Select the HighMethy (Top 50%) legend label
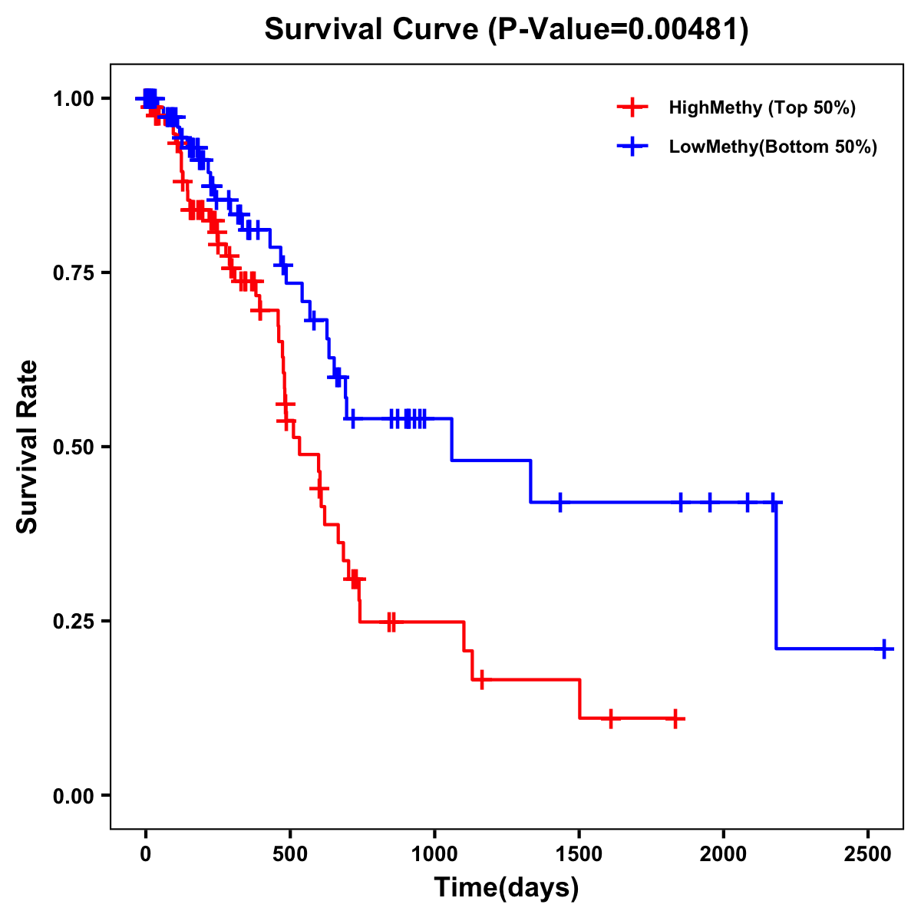pyautogui.click(x=761, y=107)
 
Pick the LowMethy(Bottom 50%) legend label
pyautogui.click(x=773, y=147)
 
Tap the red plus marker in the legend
pyautogui.click(x=632, y=107)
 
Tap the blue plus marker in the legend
pyautogui.click(x=632, y=147)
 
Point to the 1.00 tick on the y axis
pyautogui.click(x=72, y=99)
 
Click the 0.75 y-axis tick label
pyautogui.click(x=72, y=273)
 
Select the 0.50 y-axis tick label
pyautogui.click(x=72, y=447)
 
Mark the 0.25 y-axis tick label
pyautogui.click(x=72, y=622)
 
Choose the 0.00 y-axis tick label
pyautogui.click(x=72, y=796)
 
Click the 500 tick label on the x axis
pyautogui.click(x=290, y=850)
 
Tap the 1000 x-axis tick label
pyautogui.click(x=434, y=850)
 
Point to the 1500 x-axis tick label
pyautogui.click(x=579, y=850)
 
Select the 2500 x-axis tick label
pyautogui.click(x=868, y=850)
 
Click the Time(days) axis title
pyautogui.click(x=507, y=888)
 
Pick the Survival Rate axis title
pyautogui.click(x=28, y=447)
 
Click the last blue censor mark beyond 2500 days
pyautogui.click(x=884, y=649)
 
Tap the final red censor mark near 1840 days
pyautogui.click(x=675, y=719)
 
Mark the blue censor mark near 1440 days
pyautogui.click(x=560, y=502)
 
